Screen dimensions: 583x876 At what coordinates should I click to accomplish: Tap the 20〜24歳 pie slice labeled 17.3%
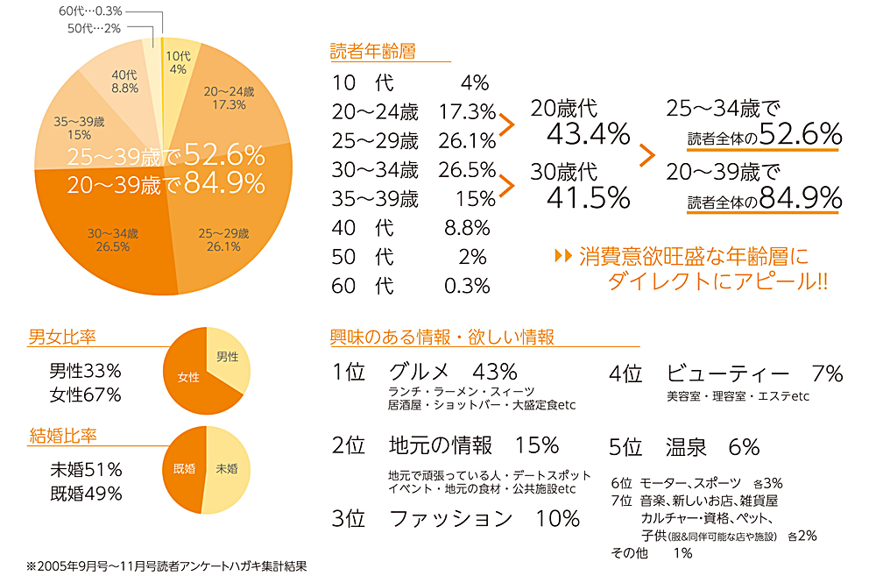click(x=229, y=97)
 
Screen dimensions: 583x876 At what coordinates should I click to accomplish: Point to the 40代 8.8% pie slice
click(x=125, y=82)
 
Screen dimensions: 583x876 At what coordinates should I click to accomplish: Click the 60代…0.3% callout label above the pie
click(x=90, y=12)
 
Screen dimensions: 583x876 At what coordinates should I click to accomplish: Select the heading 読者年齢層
click(x=372, y=51)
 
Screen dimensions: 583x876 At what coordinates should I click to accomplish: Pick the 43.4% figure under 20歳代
click(x=588, y=133)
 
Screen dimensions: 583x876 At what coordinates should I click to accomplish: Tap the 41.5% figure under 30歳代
click(x=588, y=197)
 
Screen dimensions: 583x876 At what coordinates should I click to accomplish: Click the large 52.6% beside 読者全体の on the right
click(x=801, y=133)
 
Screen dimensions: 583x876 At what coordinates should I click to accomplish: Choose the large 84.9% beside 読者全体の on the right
click(x=801, y=198)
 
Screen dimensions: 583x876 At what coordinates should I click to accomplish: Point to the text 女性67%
click(x=85, y=395)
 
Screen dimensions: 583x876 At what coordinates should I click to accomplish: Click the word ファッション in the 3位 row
click(x=449, y=518)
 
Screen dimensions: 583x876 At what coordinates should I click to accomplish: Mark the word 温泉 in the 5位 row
click(x=686, y=447)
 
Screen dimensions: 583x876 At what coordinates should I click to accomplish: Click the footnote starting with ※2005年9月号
click(x=167, y=566)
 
